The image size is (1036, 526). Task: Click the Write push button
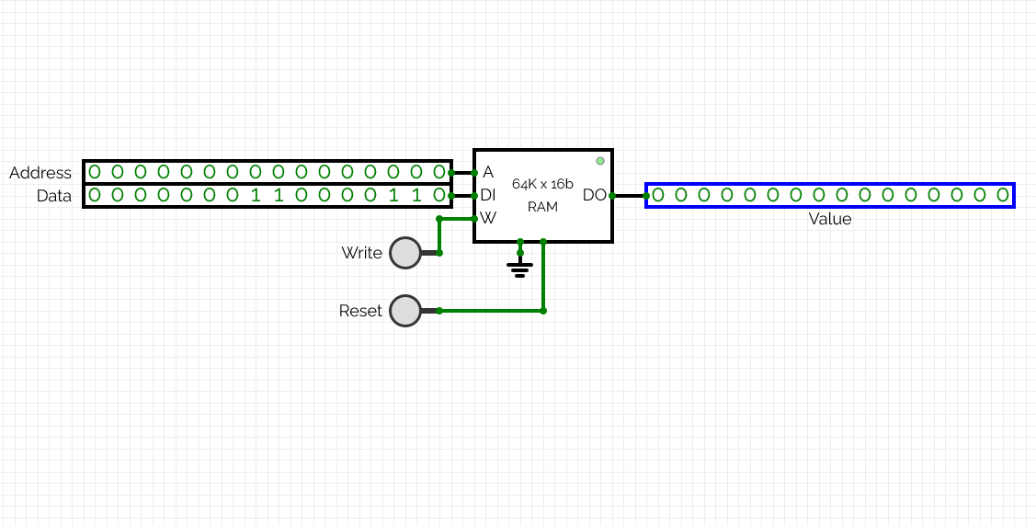tap(404, 252)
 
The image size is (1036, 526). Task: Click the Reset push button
tap(404, 311)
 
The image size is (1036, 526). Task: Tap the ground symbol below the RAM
tap(520, 269)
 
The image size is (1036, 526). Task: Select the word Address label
tap(40, 173)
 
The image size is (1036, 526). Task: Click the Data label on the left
tap(54, 196)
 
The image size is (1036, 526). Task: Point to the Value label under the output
tap(829, 219)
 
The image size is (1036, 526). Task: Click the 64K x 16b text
tap(542, 183)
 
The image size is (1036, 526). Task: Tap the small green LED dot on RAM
tap(600, 161)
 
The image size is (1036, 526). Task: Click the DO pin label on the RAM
tap(594, 195)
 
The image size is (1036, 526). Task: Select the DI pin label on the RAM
tap(488, 195)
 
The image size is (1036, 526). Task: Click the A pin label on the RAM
tap(488, 172)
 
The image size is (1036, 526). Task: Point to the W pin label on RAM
tap(488, 218)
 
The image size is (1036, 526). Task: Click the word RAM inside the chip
tap(542, 207)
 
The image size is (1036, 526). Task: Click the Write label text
tap(361, 253)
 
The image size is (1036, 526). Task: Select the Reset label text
tap(360, 311)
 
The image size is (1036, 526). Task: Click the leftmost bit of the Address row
tap(94, 172)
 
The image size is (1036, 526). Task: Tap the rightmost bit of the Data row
tap(438, 195)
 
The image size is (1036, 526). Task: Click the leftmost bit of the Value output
tap(658, 195)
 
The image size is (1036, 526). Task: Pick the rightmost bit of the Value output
tap(1003, 195)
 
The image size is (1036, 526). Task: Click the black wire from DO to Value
tap(629, 195)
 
